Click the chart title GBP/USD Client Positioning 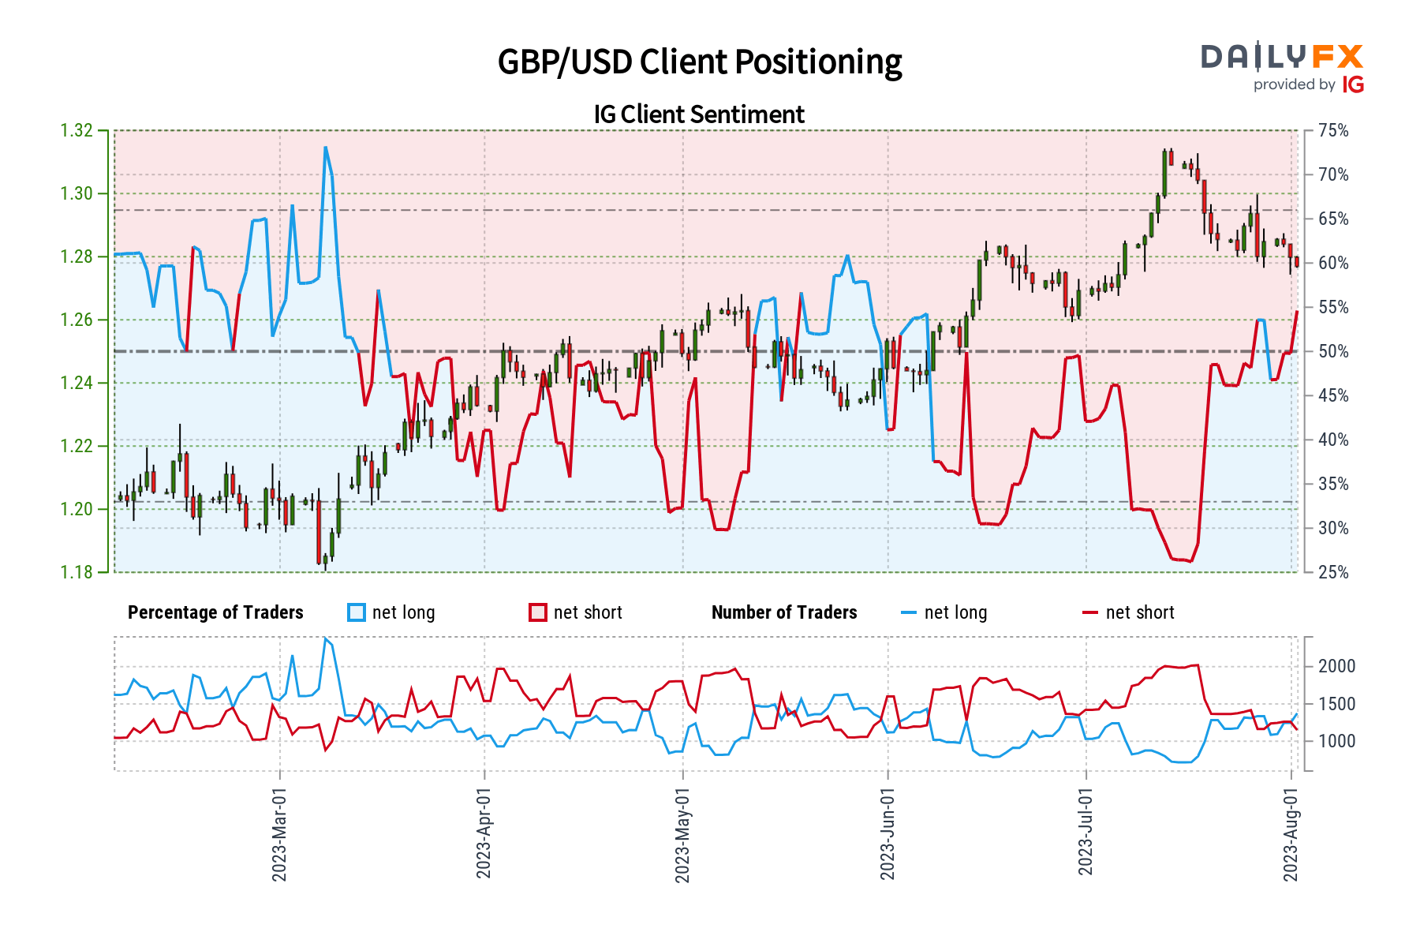click(x=699, y=62)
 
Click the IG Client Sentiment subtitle click(x=699, y=114)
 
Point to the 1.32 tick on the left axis click(x=77, y=130)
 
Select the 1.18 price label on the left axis click(x=77, y=572)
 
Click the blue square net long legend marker click(x=357, y=612)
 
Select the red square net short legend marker click(x=538, y=612)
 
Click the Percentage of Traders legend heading click(x=215, y=612)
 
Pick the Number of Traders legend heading click(x=783, y=612)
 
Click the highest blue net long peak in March click(x=325, y=148)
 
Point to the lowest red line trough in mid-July click(x=1190, y=561)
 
